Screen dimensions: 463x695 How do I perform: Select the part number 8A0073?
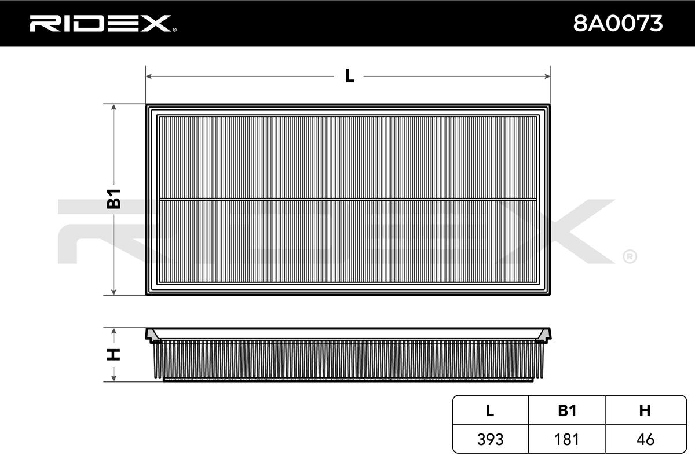617,24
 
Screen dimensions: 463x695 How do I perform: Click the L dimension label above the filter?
349,76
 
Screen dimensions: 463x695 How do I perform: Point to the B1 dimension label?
114,199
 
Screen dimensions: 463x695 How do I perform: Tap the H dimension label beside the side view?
114,354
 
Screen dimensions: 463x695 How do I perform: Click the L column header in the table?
490,411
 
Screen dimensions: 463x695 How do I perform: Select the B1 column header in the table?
567,411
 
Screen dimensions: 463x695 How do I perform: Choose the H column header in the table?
645,411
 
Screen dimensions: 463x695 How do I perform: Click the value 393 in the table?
490,439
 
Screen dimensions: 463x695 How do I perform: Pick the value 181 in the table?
567,439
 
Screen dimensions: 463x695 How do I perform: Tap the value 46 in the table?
645,439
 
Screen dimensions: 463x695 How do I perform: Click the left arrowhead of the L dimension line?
148,76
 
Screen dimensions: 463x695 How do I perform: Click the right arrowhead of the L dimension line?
547,76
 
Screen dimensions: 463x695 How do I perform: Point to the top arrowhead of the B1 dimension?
114,108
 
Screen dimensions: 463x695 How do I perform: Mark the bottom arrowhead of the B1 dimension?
114,292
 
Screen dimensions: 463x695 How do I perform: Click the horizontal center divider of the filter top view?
348,200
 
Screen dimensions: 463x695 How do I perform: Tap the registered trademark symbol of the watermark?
630,256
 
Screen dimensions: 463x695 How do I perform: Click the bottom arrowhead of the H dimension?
114,379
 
